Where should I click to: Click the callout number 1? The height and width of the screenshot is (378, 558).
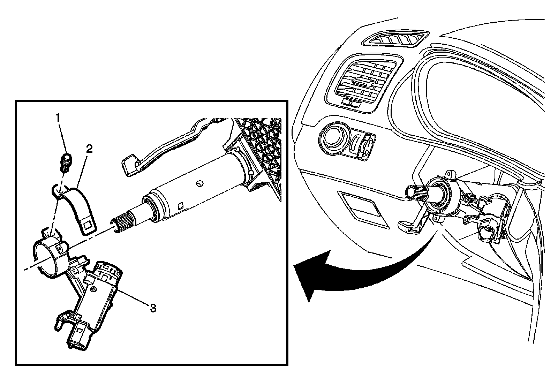pos(58,118)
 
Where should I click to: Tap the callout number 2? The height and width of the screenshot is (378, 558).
pos(89,149)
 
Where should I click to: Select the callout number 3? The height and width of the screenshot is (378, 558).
pos(153,308)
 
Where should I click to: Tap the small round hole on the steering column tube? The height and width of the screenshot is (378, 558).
pos(199,183)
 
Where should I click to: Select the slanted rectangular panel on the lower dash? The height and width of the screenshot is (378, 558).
pos(363,209)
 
